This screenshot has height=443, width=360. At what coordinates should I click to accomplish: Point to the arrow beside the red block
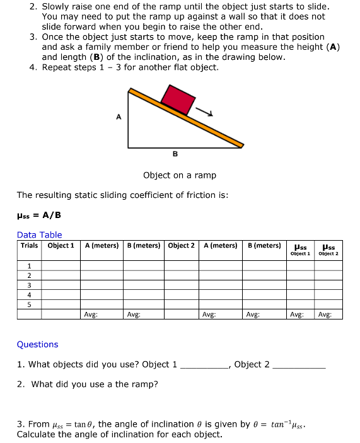(x=206, y=112)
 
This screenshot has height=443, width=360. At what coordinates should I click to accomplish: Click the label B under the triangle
(x=175, y=153)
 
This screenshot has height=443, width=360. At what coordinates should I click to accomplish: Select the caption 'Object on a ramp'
(x=180, y=175)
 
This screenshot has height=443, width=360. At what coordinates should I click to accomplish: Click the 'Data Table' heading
(x=39, y=235)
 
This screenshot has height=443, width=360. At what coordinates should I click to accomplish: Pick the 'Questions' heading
(x=37, y=344)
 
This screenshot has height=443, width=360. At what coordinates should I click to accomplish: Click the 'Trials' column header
(x=29, y=245)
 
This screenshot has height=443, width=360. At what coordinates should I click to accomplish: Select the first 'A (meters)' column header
(x=102, y=245)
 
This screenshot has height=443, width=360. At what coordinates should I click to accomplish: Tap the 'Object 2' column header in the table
(x=183, y=245)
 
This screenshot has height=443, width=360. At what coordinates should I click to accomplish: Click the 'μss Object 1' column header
(x=300, y=249)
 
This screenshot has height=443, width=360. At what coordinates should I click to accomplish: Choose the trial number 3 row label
(x=29, y=284)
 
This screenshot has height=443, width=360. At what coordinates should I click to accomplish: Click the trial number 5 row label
(x=29, y=304)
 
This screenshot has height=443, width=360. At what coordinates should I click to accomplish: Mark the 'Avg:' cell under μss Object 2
(x=328, y=313)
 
